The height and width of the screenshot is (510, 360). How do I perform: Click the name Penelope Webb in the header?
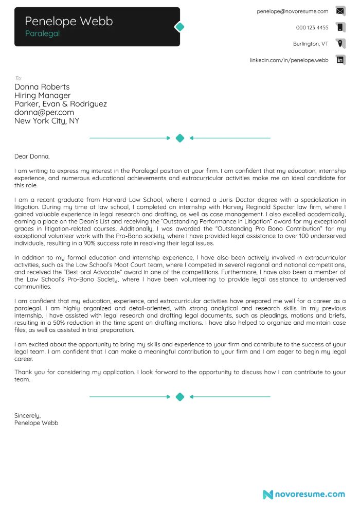point(68,21)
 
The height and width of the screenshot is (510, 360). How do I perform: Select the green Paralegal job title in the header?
point(42,33)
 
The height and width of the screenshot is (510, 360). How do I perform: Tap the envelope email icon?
point(340,11)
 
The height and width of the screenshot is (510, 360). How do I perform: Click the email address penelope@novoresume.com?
point(292,11)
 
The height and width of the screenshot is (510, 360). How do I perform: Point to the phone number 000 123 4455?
point(312,27)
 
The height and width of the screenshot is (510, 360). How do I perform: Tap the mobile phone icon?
point(340,27)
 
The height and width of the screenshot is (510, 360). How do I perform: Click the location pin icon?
point(340,43)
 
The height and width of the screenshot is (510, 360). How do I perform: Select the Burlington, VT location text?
point(310,44)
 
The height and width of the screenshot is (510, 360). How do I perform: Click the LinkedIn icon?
point(340,60)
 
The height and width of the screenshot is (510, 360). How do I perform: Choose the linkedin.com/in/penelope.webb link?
point(289,60)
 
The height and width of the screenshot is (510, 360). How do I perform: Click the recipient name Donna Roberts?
point(42,87)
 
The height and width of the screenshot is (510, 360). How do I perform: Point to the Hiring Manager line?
point(42,95)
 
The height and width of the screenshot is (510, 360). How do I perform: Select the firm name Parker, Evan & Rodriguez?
point(61,104)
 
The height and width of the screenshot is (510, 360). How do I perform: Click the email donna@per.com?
point(44,112)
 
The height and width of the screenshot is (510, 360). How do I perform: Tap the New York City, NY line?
point(47,121)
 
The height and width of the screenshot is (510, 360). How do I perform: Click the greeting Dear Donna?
point(32,156)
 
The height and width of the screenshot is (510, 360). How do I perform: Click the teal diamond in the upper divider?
point(180,138)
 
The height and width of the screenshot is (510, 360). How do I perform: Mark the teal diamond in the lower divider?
point(180,397)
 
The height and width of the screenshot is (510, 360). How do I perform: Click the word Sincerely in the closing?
point(27,415)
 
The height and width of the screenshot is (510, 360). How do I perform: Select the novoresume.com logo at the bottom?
point(303,494)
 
